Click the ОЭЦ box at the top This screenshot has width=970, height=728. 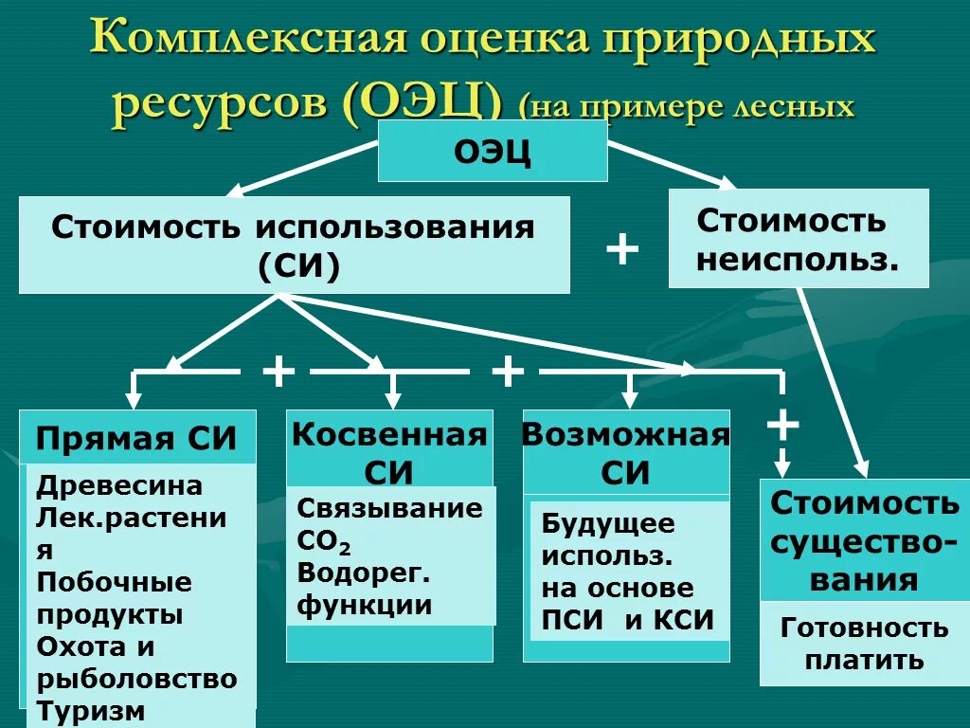pos(493,151)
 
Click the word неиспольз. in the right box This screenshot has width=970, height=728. pos(798,259)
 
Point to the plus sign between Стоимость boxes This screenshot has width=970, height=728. pos(621,249)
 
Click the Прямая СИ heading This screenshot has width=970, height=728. pos(136,439)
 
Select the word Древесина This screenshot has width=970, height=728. pos(119,485)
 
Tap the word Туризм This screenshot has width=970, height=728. pos(91,710)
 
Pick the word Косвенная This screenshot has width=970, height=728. pos(389,435)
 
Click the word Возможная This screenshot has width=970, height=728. pos(625,435)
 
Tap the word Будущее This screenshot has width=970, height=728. pos(608,522)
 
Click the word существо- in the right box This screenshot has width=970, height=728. pos(864,542)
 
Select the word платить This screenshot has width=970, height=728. pos(864,660)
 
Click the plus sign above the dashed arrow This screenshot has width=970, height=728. pos(782,424)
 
